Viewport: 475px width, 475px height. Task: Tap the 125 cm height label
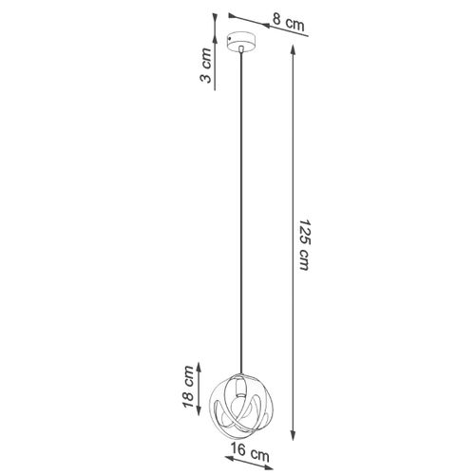302,249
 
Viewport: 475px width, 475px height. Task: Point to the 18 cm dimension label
190,389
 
